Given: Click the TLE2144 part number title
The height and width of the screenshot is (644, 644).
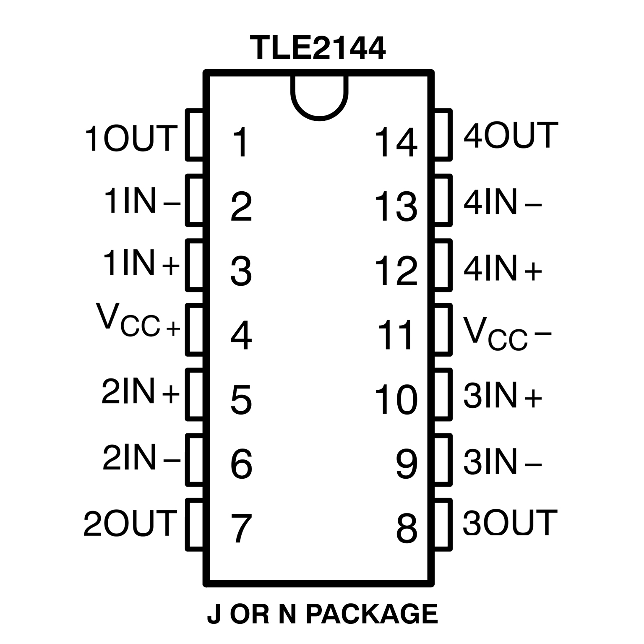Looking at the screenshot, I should pos(318,48).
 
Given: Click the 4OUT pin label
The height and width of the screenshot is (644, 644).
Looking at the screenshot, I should pos(511,136).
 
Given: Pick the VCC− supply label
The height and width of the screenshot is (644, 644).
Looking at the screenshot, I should pos(506,334).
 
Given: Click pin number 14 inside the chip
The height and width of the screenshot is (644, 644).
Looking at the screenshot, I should pos(396,142).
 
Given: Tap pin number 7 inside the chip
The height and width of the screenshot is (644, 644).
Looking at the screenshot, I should pos(241,527).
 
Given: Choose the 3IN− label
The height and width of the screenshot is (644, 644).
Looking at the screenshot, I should pos(502,462).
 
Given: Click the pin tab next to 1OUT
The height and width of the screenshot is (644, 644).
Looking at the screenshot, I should pos(194,135).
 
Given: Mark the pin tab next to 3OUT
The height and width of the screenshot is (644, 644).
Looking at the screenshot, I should pos(443,524).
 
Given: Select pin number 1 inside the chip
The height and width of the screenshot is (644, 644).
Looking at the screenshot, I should pos(241,142).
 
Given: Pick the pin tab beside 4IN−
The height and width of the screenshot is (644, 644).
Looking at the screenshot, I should pos(443,201).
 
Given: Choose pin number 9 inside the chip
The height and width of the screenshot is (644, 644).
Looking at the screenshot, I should pos(407,464).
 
